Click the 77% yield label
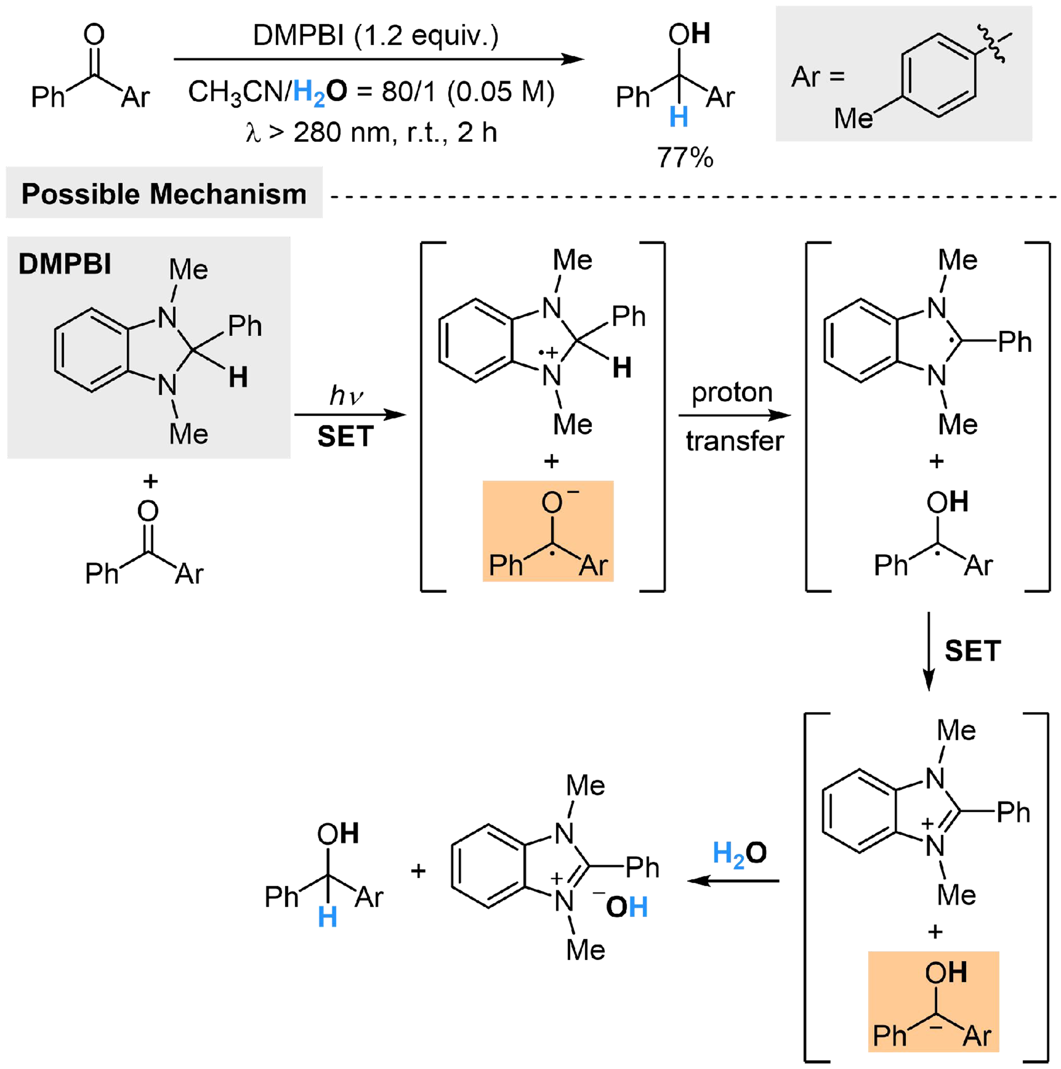click(x=685, y=158)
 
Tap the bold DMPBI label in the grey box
click(x=65, y=264)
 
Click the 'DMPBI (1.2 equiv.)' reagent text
click(x=376, y=36)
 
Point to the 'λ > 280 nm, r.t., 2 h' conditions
click(x=372, y=133)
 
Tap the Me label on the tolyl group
click(x=853, y=118)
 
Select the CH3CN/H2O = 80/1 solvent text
click(x=371, y=92)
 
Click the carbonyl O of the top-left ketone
click(x=94, y=34)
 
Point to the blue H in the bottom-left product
click(x=328, y=917)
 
